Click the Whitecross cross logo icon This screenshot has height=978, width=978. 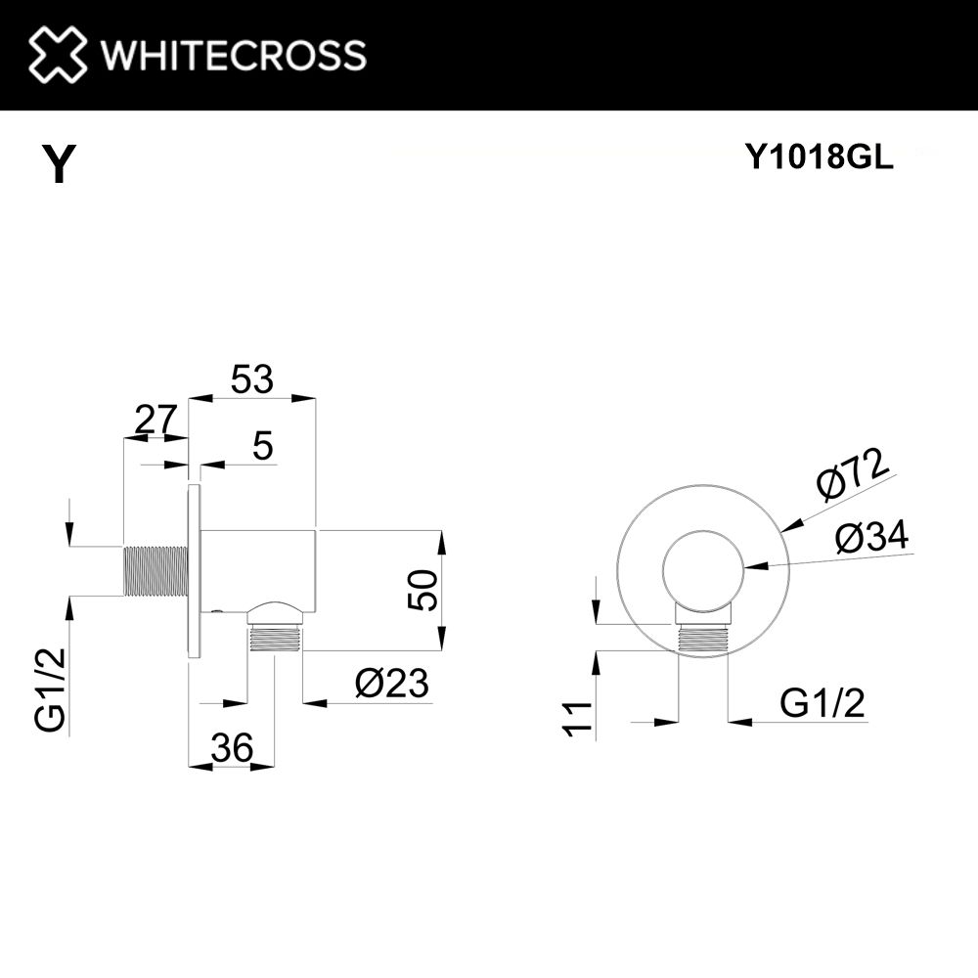(x=57, y=54)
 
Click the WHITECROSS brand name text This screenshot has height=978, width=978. (x=234, y=55)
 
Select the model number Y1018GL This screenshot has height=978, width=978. (x=820, y=157)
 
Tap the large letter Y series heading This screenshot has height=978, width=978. (x=60, y=163)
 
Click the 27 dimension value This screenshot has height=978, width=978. (x=156, y=421)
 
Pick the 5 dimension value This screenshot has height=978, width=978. (x=263, y=446)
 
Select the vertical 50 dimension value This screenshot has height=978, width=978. (x=423, y=590)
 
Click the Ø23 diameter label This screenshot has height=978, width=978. (x=392, y=683)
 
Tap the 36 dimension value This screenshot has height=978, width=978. (x=232, y=747)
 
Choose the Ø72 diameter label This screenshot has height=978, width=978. (x=853, y=473)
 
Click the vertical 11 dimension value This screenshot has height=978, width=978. (x=578, y=719)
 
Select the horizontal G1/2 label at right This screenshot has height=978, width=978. (x=822, y=704)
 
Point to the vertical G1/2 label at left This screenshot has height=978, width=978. (x=50, y=689)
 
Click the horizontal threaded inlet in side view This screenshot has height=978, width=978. (x=156, y=571)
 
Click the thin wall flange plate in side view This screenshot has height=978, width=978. (x=194, y=571)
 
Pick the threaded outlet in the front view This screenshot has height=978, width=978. (x=702, y=638)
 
